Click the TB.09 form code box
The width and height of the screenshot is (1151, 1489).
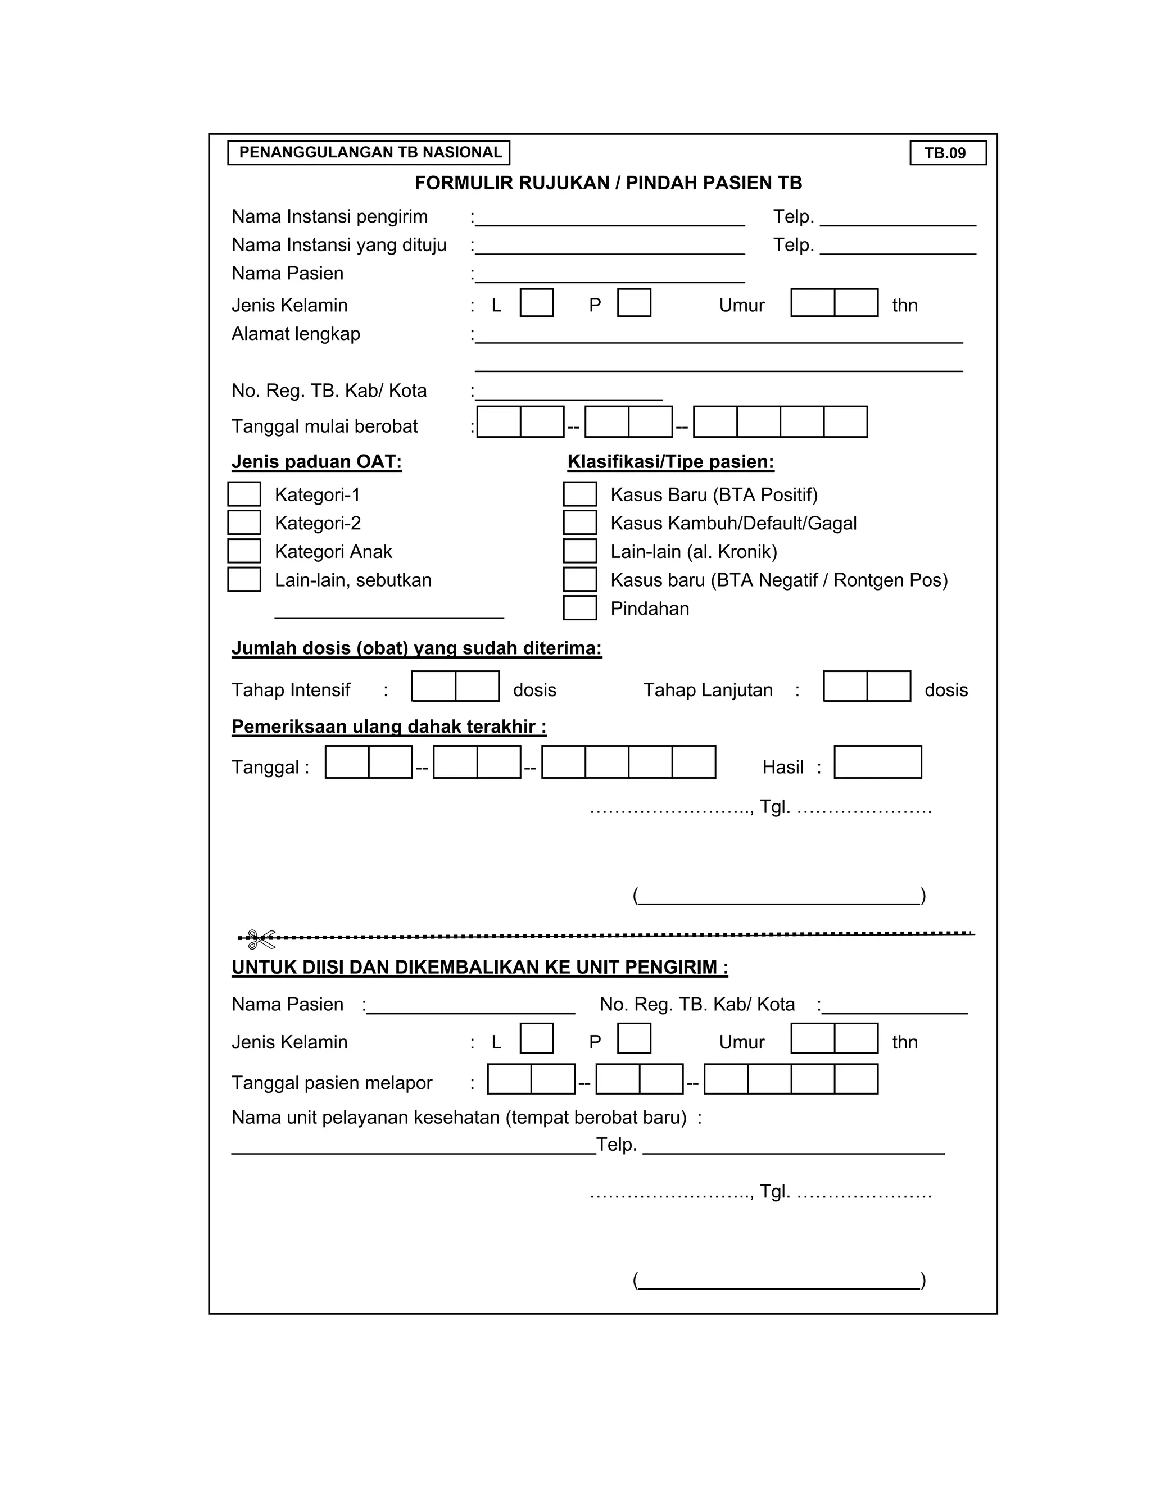947,153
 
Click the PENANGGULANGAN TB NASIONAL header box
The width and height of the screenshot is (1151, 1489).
369,153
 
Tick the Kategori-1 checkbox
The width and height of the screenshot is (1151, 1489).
244,494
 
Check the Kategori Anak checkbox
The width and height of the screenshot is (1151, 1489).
244,551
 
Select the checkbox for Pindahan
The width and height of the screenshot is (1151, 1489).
579,608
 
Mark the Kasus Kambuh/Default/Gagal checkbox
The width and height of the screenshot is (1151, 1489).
579,523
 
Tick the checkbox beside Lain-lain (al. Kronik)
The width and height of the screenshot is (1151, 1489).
579,551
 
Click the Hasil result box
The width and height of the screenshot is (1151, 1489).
877,762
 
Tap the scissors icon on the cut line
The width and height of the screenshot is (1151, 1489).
260,939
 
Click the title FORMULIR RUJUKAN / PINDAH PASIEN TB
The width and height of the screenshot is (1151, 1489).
608,183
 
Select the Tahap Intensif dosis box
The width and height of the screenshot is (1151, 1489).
455,686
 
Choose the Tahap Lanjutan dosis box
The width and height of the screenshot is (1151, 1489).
867,686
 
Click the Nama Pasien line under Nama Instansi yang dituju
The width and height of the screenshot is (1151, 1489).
610,276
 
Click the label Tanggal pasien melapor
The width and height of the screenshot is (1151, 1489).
332,1083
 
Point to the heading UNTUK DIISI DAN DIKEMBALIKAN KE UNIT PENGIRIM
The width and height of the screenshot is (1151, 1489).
479,967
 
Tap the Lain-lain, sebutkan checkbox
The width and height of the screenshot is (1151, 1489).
244,579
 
